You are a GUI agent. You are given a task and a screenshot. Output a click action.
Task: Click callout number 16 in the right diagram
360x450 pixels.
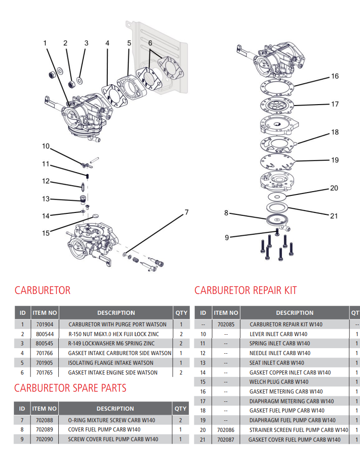(x=335, y=76)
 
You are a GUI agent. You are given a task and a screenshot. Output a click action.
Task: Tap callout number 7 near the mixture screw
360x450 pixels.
(x=186, y=212)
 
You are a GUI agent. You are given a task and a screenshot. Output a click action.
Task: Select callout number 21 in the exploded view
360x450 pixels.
(x=334, y=216)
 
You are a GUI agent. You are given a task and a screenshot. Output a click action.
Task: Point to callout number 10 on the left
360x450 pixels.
(x=45, y=146)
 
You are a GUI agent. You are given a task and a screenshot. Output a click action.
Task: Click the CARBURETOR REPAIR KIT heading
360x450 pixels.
(x=245, y=290)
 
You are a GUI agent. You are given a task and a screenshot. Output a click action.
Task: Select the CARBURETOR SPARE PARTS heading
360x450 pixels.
(x=70, y=387)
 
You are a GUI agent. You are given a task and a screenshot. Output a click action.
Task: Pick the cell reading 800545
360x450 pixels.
(x=44, y=344)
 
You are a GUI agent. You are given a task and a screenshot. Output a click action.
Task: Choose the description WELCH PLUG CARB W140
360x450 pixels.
(x=279, y=382)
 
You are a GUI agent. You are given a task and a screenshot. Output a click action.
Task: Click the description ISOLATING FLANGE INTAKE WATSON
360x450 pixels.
(x=111, y=363)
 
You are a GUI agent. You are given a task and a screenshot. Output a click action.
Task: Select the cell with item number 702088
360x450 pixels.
(x=44, y=420)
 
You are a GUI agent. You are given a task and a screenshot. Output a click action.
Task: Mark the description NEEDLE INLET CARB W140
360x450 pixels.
(x=279, y=353)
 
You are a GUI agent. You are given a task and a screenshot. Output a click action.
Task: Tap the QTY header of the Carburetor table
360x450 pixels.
(x=181, y=312)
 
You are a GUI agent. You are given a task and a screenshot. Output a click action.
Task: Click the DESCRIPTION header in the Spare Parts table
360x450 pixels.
(x=115, y=408)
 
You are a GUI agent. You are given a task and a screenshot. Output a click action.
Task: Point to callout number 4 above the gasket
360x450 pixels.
(x=107, y=43)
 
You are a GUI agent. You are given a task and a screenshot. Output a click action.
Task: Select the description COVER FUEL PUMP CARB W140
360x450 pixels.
(x=104, y=430)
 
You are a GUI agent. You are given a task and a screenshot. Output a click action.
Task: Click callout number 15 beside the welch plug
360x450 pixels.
(x=46, y=233)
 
